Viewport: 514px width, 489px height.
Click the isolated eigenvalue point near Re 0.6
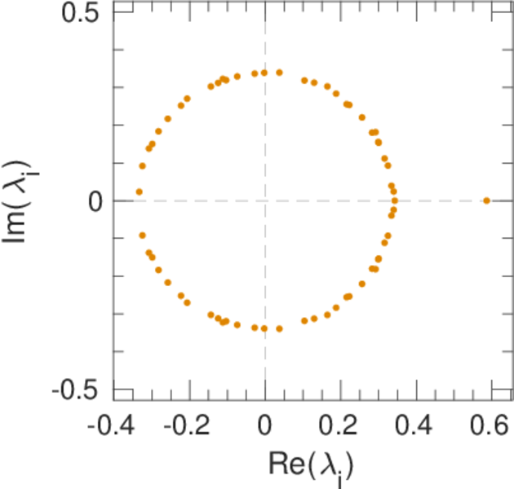(486, 200)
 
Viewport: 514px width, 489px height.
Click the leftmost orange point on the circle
(139, 192)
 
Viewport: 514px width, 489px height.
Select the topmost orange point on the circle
(279, 73)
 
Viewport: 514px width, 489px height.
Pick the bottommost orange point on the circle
(279, 328)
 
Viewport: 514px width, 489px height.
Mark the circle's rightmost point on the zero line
(395, 200)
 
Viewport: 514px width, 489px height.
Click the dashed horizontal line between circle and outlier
(441, 200)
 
